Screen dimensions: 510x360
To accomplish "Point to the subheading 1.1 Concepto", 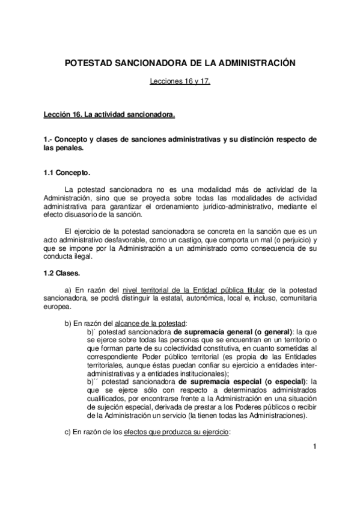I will (x=67, y=173).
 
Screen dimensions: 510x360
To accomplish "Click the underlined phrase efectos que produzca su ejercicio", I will (x=176, y=432).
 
